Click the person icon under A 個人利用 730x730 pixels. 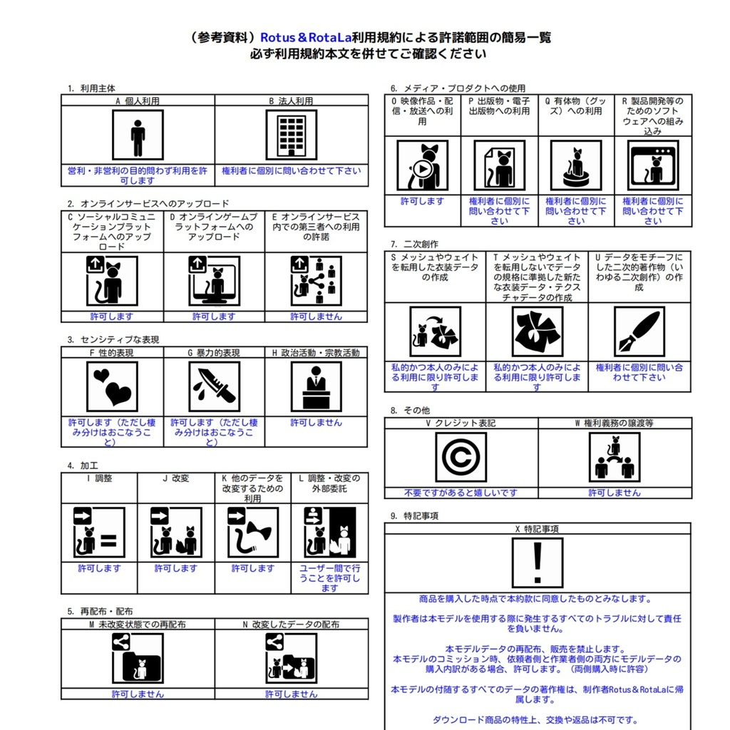pos(138,135)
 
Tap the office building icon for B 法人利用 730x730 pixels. pos(291,135)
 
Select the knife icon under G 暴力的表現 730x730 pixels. pos(214,386)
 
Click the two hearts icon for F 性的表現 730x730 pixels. pos(112,386)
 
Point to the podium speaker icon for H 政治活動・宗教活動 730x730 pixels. pos(316,386)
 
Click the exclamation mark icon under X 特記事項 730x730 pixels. pos(537,562)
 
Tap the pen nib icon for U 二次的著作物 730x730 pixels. pos(639,331)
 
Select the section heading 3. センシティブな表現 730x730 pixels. pos(113,340)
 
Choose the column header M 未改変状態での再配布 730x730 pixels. pos(138,624)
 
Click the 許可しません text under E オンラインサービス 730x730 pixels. pos(316,317)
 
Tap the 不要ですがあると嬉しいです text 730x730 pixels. pos(461,493)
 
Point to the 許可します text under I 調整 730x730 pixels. pos(99,568)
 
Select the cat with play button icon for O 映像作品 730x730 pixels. pos(422,165)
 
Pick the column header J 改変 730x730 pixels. pos(175,478)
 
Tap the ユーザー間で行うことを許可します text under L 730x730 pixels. pos(329,578)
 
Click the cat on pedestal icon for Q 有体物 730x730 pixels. pos(575,165)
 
